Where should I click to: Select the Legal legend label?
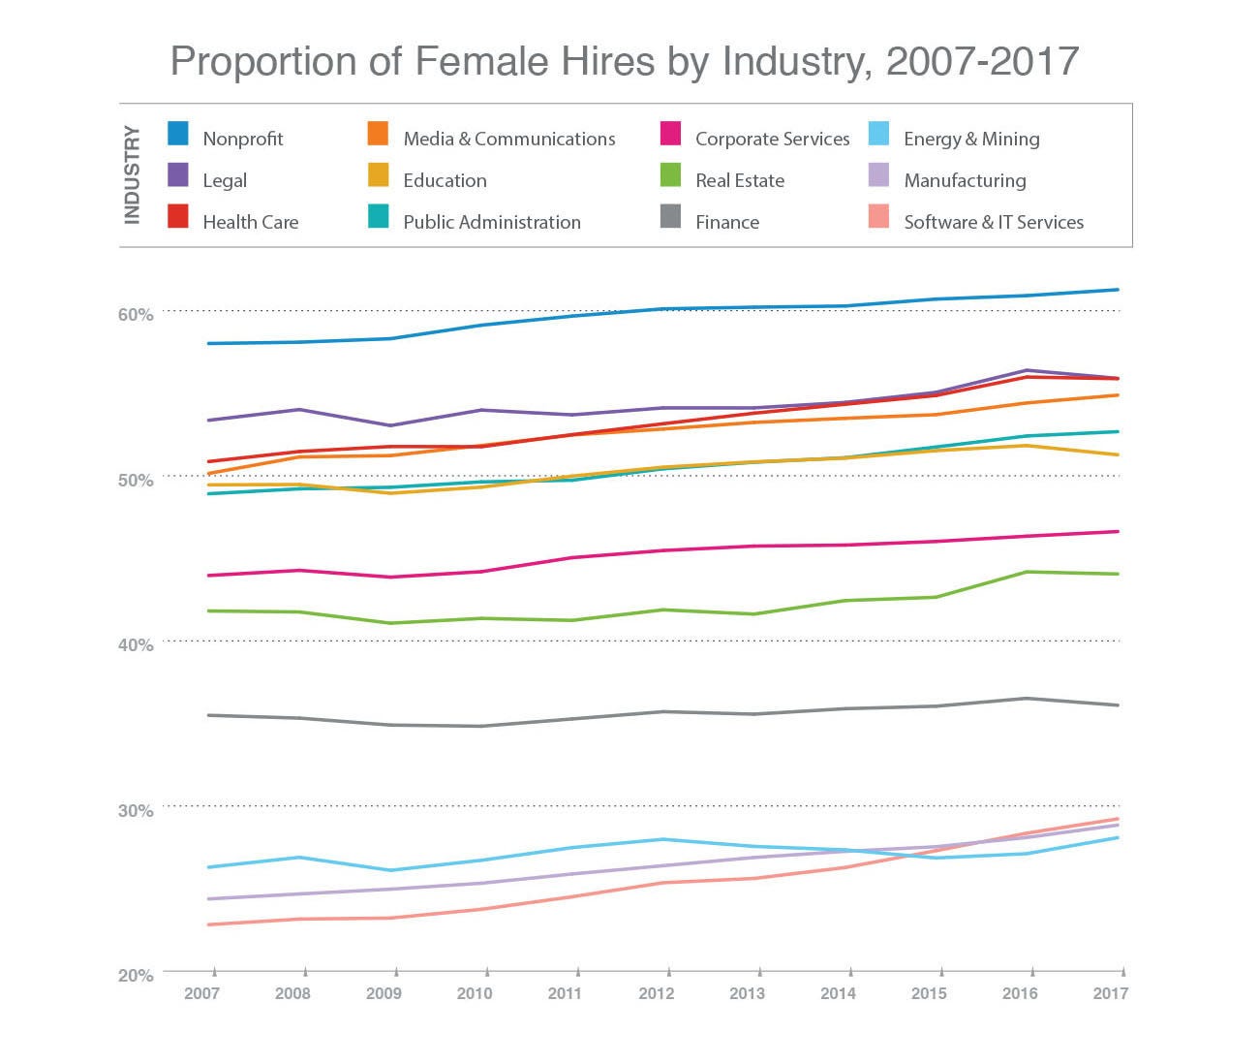pyautogui.click(x=225, y=180)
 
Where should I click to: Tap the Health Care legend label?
pyautogui.click(x=250, y=222)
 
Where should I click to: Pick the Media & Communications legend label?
pyautogui.click(x=508, y=139)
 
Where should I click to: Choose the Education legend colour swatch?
pyautogui.click(x=379, y=174)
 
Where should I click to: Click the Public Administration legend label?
pyautogui.click(x=491, y=222)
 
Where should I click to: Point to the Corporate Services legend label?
pyautogui.click(x=772, y=139)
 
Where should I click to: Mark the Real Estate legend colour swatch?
pyautogui.click(x=670, y=174)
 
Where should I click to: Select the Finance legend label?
pyautogui.click(x=726, y=222)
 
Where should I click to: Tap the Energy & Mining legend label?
pyautogui.click(x=971, y=139)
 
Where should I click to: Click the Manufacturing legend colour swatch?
pyautogui.click(x=878, y=174)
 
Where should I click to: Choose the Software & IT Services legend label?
pyautogui.click(x=993, y=222)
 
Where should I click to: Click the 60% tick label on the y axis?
pyautogui.click(x=136, y=315)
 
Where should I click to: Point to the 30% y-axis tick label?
pyautogui.click(x=136, y=810)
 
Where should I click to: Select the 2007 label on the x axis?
pyautogui.click(x=201, y=993)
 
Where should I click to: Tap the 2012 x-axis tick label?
pyautogui.click(x=657, y=993)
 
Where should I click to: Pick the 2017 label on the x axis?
pyautogui.click(x=1110, y=993)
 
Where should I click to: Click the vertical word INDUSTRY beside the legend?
pyautogui.click(x=133, y=175)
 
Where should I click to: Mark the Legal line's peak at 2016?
pyautogui.click(x=1027, y=370)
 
